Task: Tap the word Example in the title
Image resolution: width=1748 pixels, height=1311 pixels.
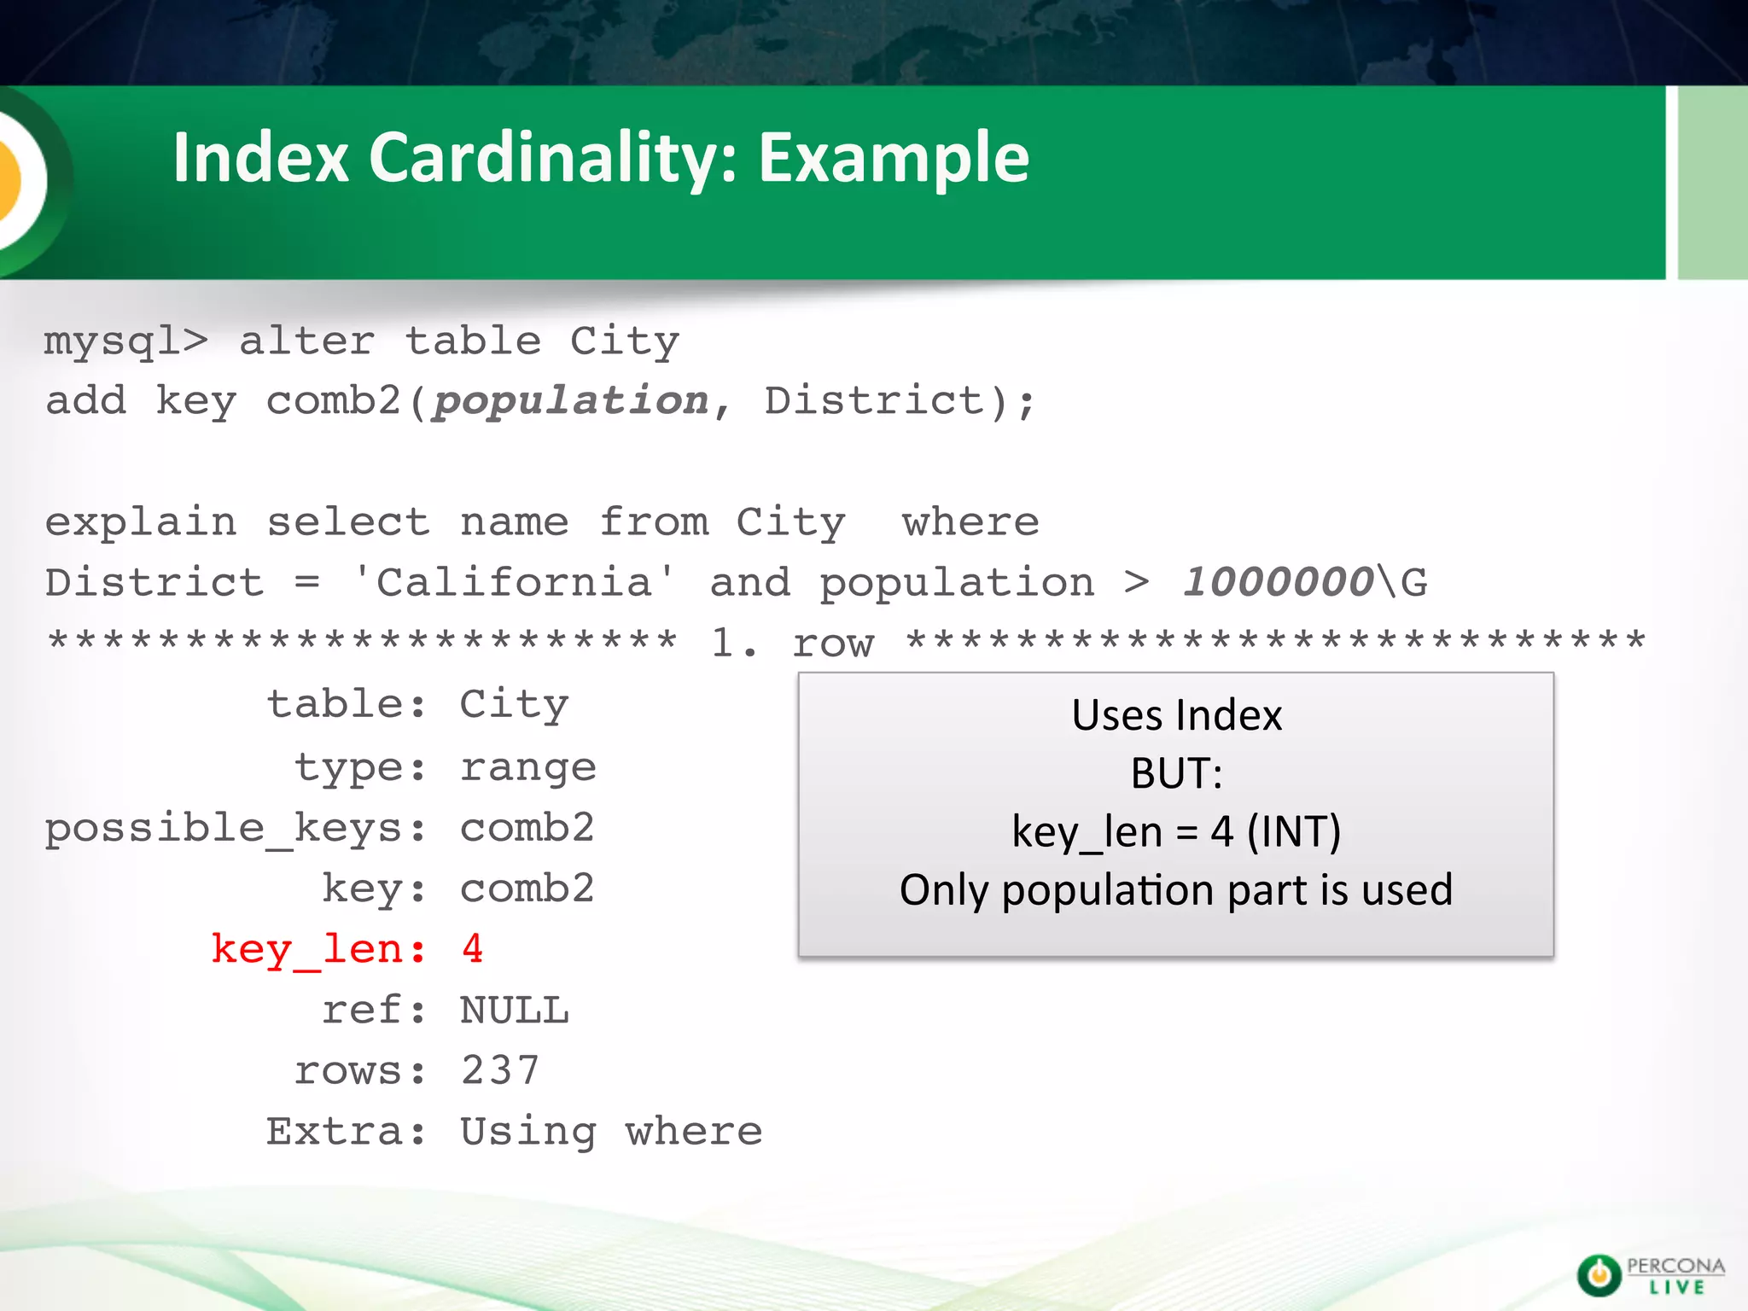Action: click(x=894, y=158)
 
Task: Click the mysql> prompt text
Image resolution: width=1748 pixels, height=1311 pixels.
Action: click(x=125, y=341)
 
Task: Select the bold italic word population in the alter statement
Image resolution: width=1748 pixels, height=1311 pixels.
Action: click(x=570, y=401)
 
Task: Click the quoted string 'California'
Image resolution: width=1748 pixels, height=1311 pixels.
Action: click(x=514, y=583)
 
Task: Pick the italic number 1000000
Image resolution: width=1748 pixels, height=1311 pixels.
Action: click(x=1278, y=582)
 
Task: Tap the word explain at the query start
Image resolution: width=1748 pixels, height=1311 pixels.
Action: click(x=141, y=522)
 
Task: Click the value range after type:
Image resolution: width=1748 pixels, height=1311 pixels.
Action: click(x=527, y=767)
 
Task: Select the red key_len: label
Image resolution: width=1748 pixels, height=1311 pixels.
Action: click(x=318, y=950)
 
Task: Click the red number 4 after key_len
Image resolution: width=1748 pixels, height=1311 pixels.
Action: click(x=473, y=949)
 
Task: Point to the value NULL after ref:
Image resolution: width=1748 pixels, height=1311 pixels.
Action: click(x=514, y=1011)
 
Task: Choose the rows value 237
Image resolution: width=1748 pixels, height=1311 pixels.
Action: click(x=500, y=1071)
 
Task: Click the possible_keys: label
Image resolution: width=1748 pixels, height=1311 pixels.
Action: click(x=236, y=829)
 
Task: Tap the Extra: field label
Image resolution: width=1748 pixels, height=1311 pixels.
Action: click(x=346, y=1132)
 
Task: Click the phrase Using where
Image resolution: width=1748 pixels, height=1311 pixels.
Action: click(x=611, y=1132)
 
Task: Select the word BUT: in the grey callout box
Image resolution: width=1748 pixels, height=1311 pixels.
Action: click(x=1176, y=773)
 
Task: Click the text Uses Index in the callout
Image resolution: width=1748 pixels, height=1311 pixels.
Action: click(x=1176, y=715)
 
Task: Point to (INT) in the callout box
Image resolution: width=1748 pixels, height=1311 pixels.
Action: click(x=1293, y=831)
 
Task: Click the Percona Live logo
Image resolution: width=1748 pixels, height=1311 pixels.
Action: click(x=1650, y=1275)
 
